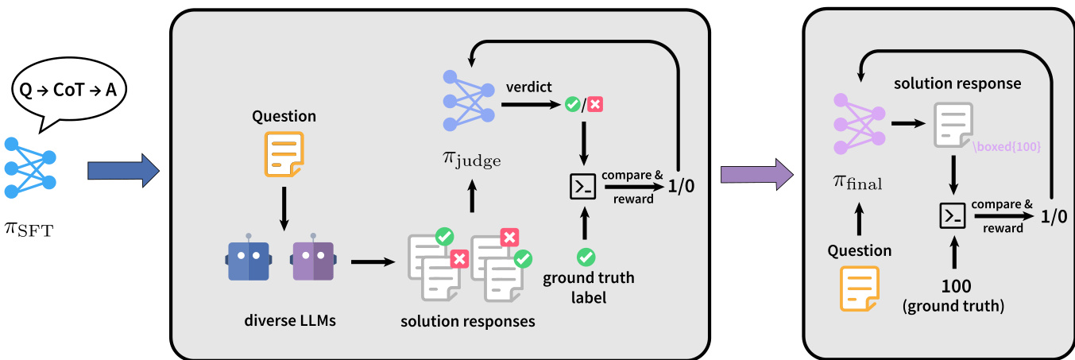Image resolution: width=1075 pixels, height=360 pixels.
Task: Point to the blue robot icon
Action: [248, 259]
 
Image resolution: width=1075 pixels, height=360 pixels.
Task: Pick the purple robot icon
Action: [313, 259]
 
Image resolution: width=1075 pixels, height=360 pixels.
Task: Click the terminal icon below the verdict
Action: [584, 187]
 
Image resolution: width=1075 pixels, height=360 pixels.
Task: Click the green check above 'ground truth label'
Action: [586, 256]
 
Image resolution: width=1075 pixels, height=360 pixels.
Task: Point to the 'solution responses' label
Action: [467, 321]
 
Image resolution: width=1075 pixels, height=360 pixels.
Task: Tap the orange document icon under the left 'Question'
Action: [283, 153]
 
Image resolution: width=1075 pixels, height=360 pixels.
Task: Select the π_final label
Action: [858, 184]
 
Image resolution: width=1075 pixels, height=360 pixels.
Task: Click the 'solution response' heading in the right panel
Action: [957, 83]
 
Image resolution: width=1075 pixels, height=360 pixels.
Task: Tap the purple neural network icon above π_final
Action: [857, 123]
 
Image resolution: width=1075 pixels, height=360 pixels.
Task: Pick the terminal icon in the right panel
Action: [952, 215]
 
